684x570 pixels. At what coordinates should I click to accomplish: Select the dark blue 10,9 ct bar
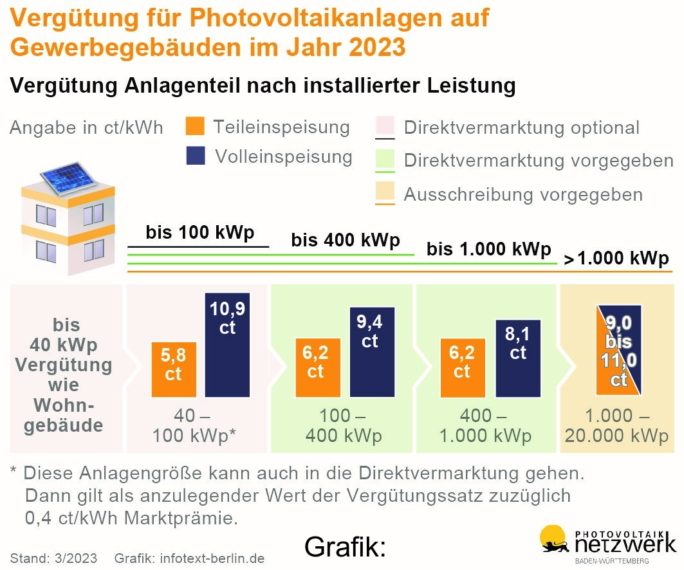[227, 345]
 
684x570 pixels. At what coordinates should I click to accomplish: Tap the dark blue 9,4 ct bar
[372, 351]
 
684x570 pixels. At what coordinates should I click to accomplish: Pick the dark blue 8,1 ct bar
[518, 358]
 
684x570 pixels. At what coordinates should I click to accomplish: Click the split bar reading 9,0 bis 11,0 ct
[618, 349]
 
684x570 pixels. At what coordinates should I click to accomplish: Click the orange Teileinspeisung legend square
[194, 126]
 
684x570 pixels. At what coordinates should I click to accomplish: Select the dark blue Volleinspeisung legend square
[195, 156]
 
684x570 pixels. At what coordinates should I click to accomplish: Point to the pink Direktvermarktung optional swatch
[384, 125]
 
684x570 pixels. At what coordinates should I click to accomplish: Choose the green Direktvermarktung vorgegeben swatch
[384, 159]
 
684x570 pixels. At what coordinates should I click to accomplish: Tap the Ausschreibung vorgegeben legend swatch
[384, 192]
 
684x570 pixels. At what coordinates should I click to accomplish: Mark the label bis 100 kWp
[199, 232]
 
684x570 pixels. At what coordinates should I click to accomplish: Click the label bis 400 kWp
[346, 241]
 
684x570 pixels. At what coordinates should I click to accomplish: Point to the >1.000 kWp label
[616, 259]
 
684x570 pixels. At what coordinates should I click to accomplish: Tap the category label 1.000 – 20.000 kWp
[616, 426]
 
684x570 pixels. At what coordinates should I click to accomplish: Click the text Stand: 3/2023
[53, 558]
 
